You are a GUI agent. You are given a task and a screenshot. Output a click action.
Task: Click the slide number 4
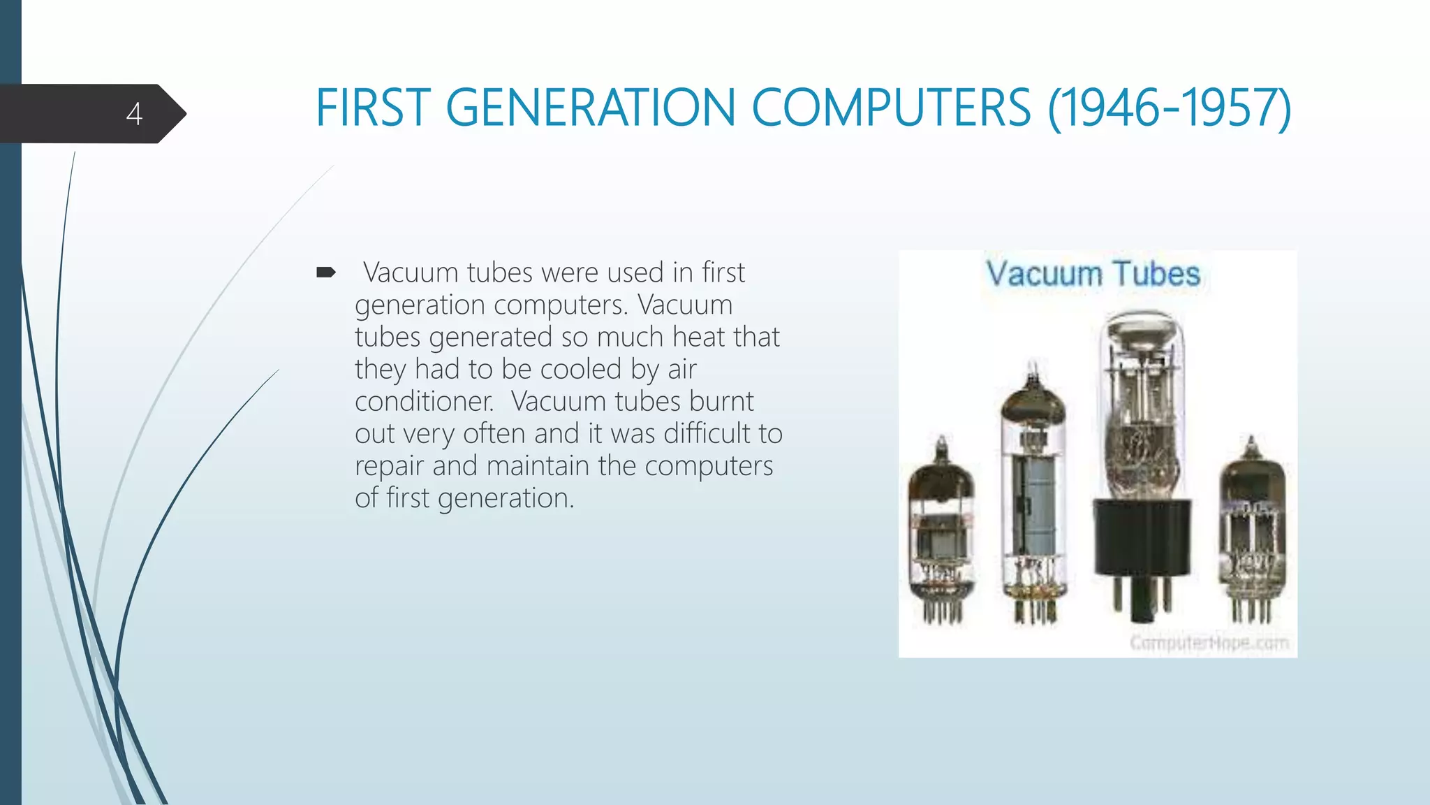[134, 114]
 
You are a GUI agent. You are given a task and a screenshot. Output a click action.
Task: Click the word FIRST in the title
[372, 108]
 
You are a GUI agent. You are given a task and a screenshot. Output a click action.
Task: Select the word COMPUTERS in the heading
[891, 108]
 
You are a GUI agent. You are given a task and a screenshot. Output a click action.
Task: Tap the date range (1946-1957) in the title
[1169, 108]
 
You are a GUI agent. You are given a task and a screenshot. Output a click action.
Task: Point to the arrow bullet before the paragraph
[326, 272]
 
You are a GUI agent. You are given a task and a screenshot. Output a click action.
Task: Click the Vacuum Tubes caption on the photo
[1093, 274]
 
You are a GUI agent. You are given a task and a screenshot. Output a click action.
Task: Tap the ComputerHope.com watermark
[1209, 642]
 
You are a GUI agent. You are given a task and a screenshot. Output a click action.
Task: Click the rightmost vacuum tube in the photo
[1253, 531]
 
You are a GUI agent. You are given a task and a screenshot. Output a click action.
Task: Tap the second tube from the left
[1033, 496]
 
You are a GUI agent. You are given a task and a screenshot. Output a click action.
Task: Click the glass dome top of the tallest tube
[1142, 335]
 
